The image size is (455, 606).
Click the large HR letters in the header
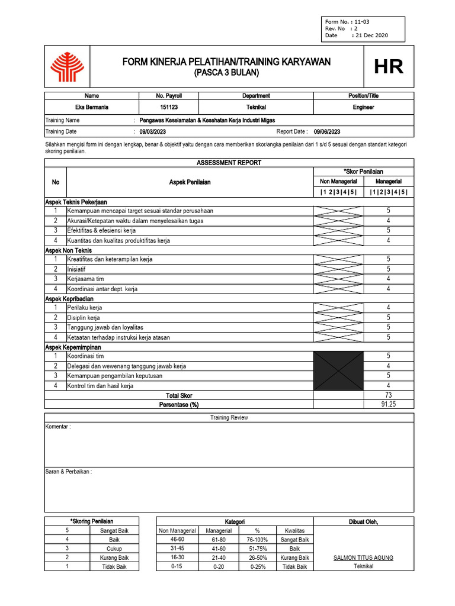pyautogui.click(x=389, y=67)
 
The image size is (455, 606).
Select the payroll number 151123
pyautogui.click(x=169, y=107)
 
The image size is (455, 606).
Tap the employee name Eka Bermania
pyautogui.click(x=92, y=107)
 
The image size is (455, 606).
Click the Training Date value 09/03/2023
pyautogui.click(x=152, y=132)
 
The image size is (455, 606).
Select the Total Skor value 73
pyautogui.click(x=388, y=395)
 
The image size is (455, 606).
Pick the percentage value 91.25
pyautogui.click(x=388, y=404)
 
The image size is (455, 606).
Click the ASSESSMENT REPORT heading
pyautogui.click(x=228, y=163)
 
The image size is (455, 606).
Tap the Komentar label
pyautogui.click(x=58, y=426)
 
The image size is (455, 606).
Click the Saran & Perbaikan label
pyautogui.click(x=69, y=472)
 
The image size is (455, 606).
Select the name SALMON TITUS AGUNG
pyautogui.click(x=364, y=557)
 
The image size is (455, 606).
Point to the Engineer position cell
pyautogui.click(x=363, y=107)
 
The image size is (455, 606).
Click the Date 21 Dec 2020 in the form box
pyautogui.click(x=371, y=36)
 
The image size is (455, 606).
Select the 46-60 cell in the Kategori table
pyautogui.click(x=177, y=540)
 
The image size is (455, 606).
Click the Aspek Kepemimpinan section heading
pyautogui.click(x=72, y=347)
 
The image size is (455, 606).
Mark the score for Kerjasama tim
pyautogui.click(x=388, y=279)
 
